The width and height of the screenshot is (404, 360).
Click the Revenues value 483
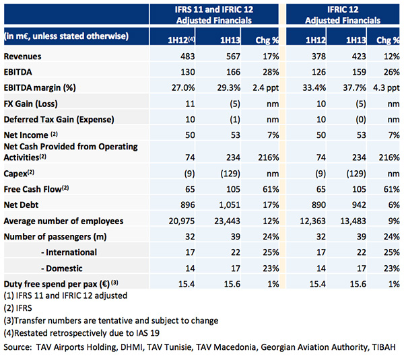(x=187, y=57)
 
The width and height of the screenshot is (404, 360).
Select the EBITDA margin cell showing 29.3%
(x=228, y=87)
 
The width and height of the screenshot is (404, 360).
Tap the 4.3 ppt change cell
(x=386, y=88)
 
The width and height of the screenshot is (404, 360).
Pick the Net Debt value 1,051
(x=230, y=205)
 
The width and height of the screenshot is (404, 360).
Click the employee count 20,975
(x=182, y=221)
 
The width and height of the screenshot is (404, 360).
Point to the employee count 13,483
(x=353, y=221)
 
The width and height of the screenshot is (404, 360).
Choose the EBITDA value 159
(x=359, y=72)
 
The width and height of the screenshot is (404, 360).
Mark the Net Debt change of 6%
(x=394, y=205)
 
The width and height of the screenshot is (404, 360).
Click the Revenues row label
(x=22, y=57)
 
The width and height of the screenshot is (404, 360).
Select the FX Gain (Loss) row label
(x=31, y=104)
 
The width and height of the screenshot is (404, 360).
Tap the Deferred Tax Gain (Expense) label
(x=59, y=120)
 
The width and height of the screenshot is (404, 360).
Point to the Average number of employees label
(x=63, y=221)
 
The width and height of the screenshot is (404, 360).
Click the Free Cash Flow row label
(x=36, y=189)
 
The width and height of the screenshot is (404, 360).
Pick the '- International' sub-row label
(x=69, y=252)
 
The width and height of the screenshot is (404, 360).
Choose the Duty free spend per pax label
(x=61, y=284)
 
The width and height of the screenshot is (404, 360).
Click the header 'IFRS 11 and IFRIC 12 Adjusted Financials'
(x=214, y=15)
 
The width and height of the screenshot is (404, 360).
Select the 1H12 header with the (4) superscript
(x=181, y=40)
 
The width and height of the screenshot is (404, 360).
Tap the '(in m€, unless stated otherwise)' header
(x=66, y=36)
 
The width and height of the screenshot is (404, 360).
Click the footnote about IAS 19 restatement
(x=81, y=333)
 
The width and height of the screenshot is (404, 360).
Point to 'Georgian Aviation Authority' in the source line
(x=314, y=347)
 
